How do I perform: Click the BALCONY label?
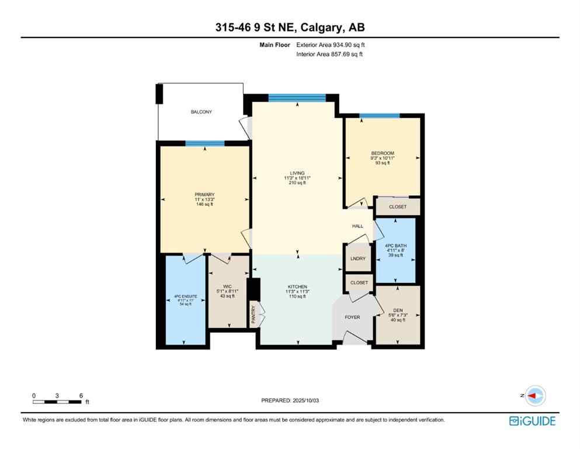point(202,112)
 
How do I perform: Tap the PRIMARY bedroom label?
point(205,195)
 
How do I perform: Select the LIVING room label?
point(297,174)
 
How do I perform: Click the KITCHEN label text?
point(297,286)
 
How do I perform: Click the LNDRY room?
point(357,258)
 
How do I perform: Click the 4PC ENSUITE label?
point(185,297)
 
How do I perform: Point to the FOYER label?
point(352,317)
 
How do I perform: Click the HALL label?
point(357,226)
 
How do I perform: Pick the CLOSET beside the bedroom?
point(398,206)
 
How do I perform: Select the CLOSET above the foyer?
point(359,282)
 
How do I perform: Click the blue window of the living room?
point(297,98)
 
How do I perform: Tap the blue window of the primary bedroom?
point(205,143)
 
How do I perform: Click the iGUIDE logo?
point(532,421)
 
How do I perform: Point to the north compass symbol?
point(534,395)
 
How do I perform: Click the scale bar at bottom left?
point(57,402)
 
